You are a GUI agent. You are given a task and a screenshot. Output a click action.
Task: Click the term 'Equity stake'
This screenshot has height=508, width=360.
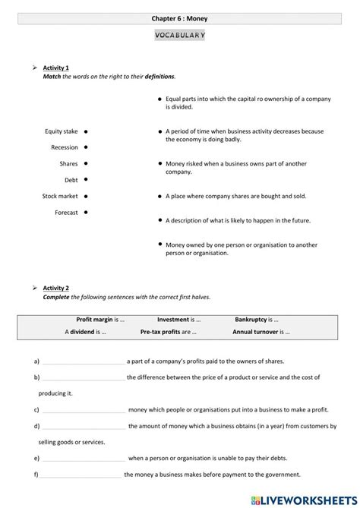(x=62, y=131)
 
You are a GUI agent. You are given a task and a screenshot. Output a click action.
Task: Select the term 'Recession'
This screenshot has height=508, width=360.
(x=65, y=147)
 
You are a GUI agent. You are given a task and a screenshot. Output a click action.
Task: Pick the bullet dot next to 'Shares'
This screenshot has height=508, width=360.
(x=85, y=162)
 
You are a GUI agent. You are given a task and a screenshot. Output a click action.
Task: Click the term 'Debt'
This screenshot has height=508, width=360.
(x=71, y=180)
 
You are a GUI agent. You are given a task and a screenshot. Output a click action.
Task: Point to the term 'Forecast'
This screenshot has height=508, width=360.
(x=66, y=213)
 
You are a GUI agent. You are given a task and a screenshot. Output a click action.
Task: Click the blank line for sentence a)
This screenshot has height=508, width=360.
(x=83, y=362)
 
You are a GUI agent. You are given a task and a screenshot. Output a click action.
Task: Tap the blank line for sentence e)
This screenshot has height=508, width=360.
(x=83, y=459)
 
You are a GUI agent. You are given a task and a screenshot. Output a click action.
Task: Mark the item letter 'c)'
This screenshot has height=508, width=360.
(x=36, y=410)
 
